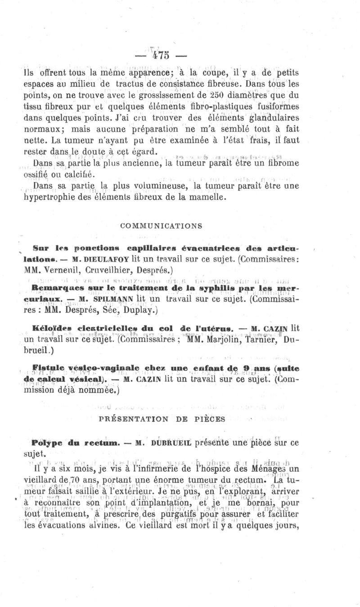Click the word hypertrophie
point(50,197)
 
